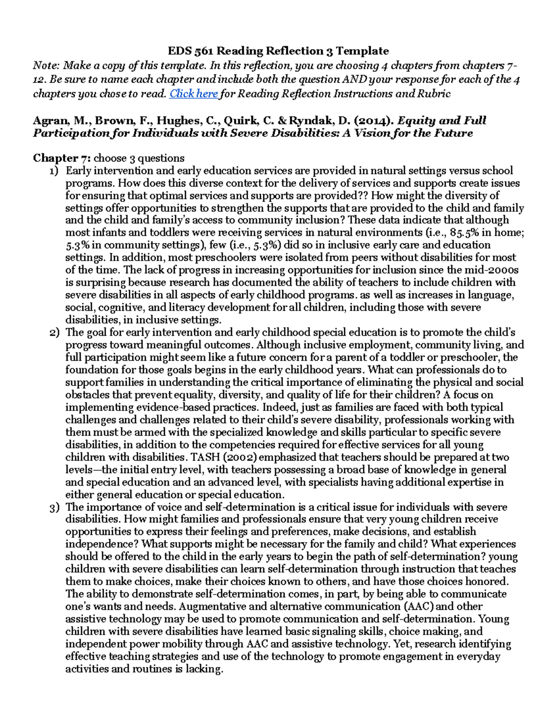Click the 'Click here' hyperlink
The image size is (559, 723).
193,94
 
